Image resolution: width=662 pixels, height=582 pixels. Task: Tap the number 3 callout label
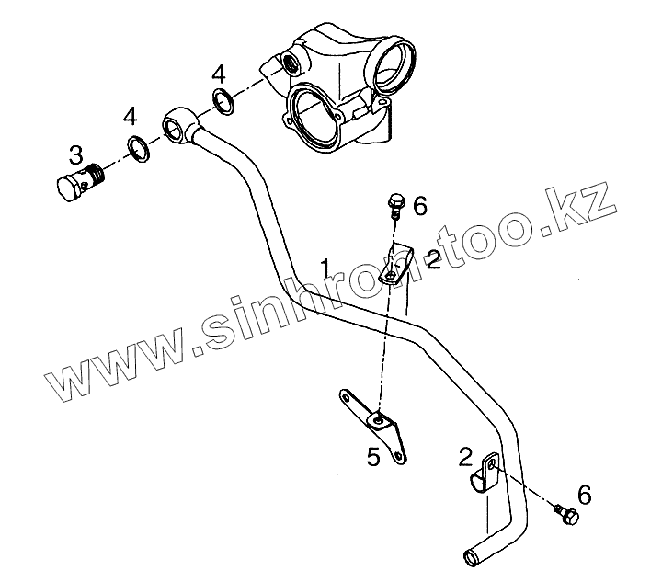[x=76, y=153]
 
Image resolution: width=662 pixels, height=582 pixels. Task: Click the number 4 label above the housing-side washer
[x=218, y=73]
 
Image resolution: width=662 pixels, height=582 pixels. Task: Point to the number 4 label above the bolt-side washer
[x=131, y=117]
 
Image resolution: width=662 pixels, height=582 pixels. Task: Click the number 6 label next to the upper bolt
[x=419, y=206]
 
